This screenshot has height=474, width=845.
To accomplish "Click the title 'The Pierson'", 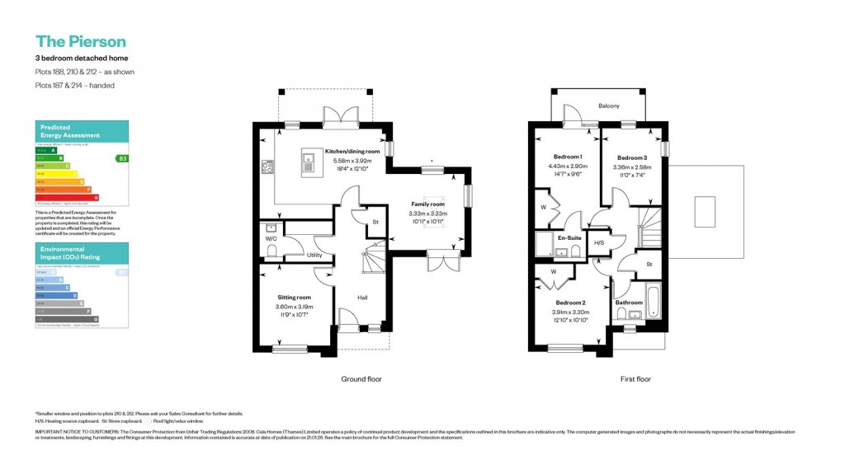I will pyautogui.click(x=80, y=41).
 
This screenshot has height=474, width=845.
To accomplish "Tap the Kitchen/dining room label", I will pyautogui.click(x=352, y=152).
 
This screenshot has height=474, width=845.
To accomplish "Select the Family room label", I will pyautogui.click(x=427, y=204).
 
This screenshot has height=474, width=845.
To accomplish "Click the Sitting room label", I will pyautogui.click(x=294, y=297).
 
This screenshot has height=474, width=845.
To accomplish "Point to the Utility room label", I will pyautogui.click(x=314, y=255).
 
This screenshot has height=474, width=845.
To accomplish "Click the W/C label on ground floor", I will pyautogui.click(x=271, y=240).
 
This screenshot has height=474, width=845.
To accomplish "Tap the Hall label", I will pyautogui.click(x=362, y=298).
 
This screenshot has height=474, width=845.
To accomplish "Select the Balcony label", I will pyautogui.click(x=609, y=106).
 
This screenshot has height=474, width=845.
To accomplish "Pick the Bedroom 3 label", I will pyautogui.click(x=632, y=157).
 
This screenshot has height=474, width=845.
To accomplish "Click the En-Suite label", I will pyautogui.click(x=570, y=238).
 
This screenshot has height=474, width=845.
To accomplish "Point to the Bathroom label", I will pyautogui.click(x=629, y=303).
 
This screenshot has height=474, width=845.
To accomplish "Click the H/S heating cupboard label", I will pyautogui.click(x=599, y=243).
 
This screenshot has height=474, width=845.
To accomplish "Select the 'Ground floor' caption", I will pyautogui.click(x=361, y=379).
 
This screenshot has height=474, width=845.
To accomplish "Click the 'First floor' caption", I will pyautogui.click(x=635, y=379).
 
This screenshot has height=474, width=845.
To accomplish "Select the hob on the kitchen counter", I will pyautogui.click(x=267, y=167).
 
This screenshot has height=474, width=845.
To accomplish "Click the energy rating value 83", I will pyautogui.click(x=123, y=158).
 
